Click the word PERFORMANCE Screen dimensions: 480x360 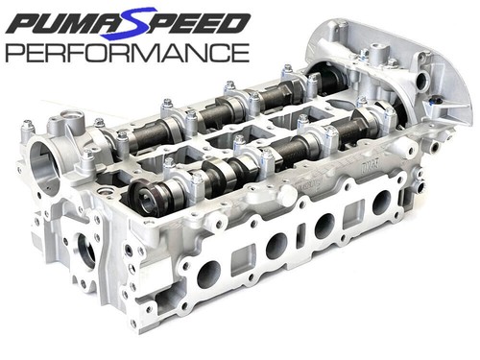click(x=128, y=53)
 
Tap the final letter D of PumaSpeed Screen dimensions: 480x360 click(x=233, y=22)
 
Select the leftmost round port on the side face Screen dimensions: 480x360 click(x=209, y=275)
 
